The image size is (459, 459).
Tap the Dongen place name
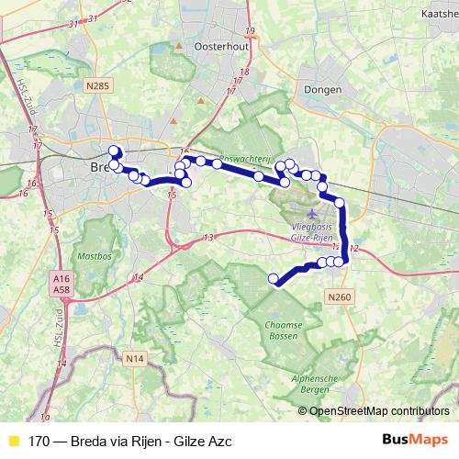click(x=326, y=90)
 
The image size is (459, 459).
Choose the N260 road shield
click(x=339, y=297)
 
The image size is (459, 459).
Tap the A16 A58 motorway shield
click(x=62, y=284)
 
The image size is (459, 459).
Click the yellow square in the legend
click(x=13, y=441)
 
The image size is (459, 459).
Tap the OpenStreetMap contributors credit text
click(x=379, y=410)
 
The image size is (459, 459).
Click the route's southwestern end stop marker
click(x=273, y=278)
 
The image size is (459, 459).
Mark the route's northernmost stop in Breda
click(x=115, y=151)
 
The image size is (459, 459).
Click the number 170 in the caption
click(x=39, y=441)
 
